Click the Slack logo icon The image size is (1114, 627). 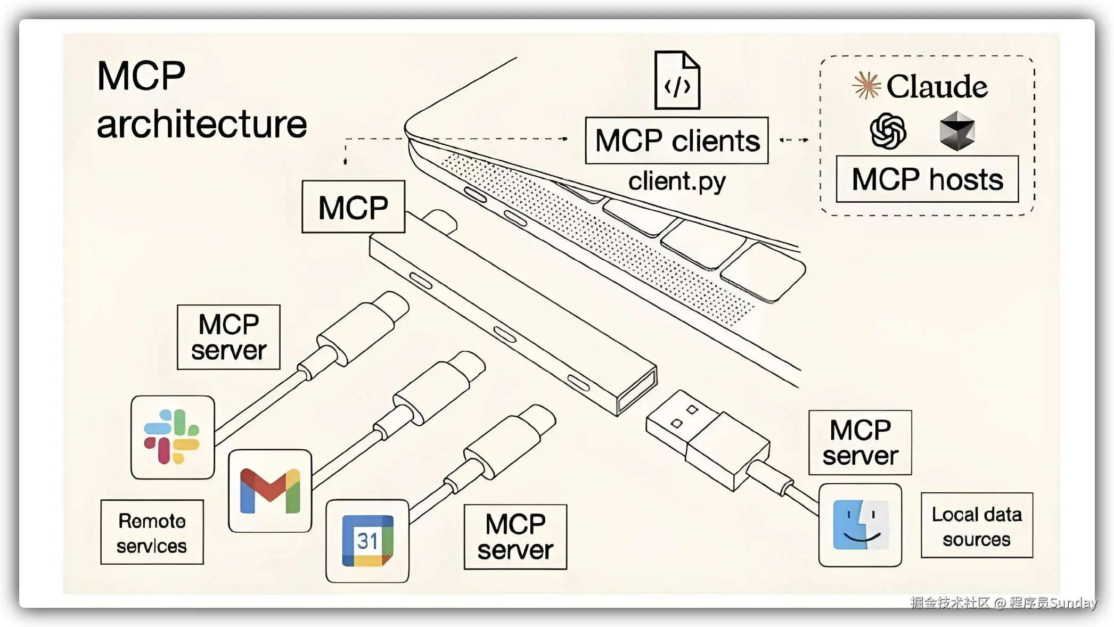click(172, 437)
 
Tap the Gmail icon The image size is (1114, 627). click(270, 491)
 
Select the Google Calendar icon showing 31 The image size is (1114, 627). click(367, 541)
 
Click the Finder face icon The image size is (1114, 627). click(860, 525)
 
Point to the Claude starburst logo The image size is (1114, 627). click(866, 85)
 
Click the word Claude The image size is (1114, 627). click(937, 86)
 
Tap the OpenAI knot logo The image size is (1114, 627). click(888, 131)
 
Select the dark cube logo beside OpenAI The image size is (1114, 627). click(957, 131)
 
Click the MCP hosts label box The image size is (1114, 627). click(927, 179)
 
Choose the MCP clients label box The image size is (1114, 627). click(676, 141)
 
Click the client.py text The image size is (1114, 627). click(676, 181)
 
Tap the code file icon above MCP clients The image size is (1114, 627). click(677, 80)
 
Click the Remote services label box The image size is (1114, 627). click(152, 532)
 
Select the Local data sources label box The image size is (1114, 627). click(977, 526)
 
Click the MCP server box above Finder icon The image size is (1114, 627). click(860, 442)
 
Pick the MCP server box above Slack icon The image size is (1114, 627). click(228, 337)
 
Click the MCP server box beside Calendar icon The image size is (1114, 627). click(515, 537)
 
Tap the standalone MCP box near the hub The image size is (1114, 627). click(353, 207)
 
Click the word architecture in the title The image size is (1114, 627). click(202, 124)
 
